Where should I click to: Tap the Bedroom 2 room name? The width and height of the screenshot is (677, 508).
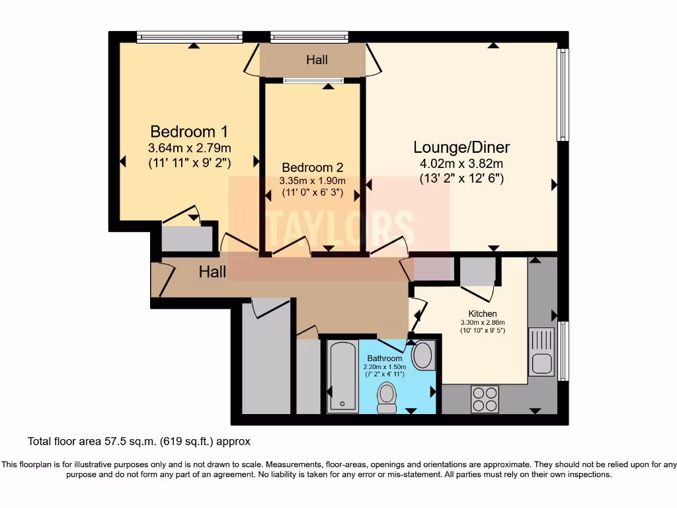[x=313, y=167]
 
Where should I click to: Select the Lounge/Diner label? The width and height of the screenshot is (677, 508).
[x=461, y=147]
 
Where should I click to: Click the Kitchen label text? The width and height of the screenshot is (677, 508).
[x=483, y=314]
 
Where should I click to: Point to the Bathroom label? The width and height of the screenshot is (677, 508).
[x=385, y=358]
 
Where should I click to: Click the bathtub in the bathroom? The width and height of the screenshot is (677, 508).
[x=342, y=377]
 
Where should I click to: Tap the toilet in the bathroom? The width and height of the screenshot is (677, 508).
[x=386, y=398]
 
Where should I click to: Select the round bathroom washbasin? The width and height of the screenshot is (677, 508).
[x=422, y=356]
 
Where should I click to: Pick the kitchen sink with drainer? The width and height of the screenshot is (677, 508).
[x=541, y=351]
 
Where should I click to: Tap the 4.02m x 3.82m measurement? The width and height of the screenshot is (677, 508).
[x=461, y=163]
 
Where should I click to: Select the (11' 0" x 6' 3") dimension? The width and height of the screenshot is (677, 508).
[x=313, y=194]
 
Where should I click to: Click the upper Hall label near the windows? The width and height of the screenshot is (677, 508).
[x=317, y=60]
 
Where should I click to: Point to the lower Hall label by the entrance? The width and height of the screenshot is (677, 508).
[x=213, y=272]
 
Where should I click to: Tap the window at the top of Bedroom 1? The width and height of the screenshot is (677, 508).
[x=190, y=38]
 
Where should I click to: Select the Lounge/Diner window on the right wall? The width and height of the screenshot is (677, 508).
[x=562, y=94]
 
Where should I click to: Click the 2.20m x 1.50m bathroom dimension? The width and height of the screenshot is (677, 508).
[x=384, y=366]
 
